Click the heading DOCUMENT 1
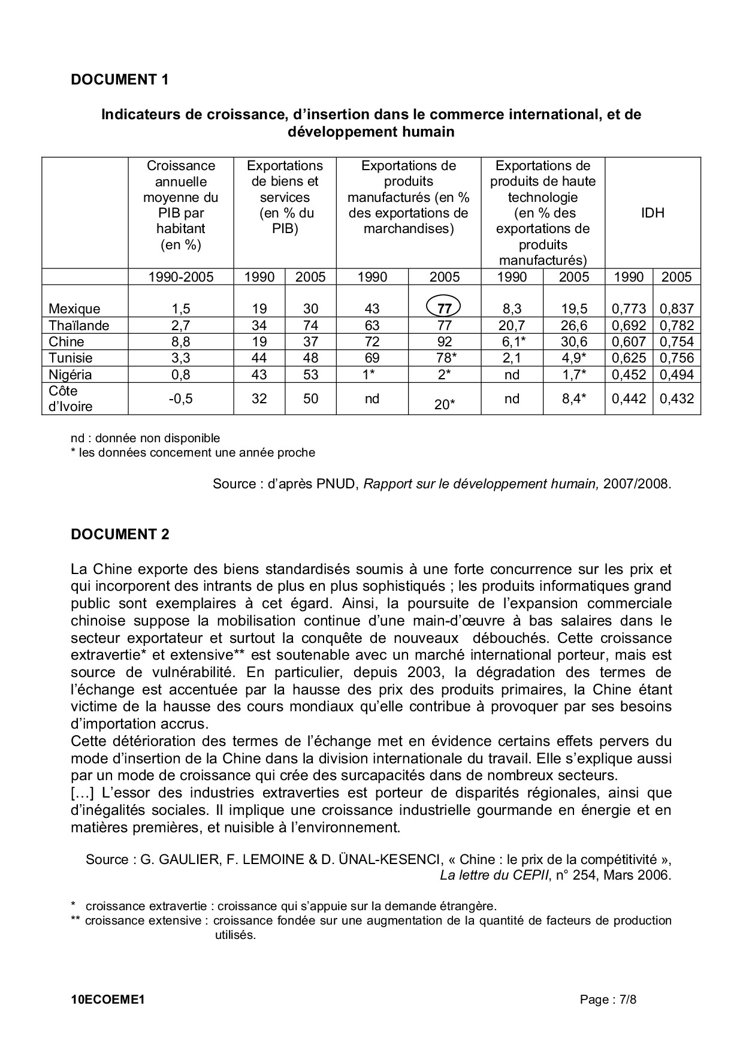(120, 79)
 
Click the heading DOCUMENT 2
(120, 534)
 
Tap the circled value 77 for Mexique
(443, 309)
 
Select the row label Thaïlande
(79, 325)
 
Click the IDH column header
(653, 213)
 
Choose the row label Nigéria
(70, 375)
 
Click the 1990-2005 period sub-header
(180, 277)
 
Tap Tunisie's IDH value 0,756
(676, 358)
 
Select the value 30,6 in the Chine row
(573, 342)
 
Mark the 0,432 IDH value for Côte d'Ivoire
(676, 398)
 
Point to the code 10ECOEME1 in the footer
(108, 999)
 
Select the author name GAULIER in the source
(180, 859)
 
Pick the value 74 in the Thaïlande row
(310, 325)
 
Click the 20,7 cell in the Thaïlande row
(512, 325)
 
